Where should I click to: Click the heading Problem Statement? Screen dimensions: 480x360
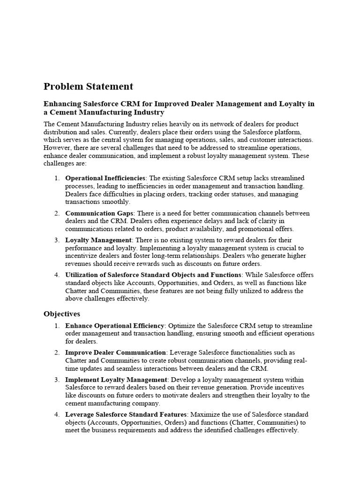tap(88, 86)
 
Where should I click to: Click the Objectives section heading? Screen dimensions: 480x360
tap(62, 314)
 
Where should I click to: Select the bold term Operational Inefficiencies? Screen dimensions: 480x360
tap(105, 178)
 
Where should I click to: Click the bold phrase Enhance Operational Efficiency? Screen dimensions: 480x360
tap(115, 325)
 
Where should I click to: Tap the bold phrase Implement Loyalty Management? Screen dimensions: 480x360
tap(116, 379)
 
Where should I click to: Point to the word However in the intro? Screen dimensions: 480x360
tap(57, 148)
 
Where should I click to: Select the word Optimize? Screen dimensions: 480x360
tap(183, 325)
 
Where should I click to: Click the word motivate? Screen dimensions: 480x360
tap(177, 395)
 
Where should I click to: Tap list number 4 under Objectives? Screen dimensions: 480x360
tap(56, 414)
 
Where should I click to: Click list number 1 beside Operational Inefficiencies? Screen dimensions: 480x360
tap(56, 178)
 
